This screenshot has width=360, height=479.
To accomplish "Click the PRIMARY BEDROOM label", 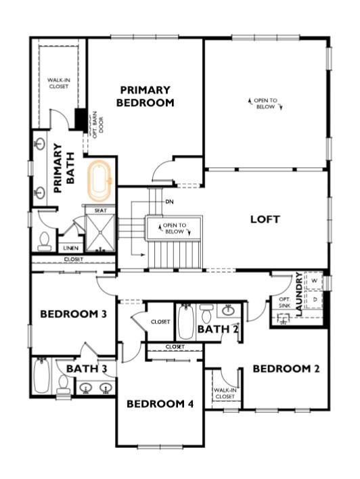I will coord(145,96).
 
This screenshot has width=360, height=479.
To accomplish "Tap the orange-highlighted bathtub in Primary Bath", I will coord(101,180).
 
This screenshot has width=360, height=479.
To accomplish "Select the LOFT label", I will coord(265,219).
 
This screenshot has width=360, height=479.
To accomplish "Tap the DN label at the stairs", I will coord(169,201).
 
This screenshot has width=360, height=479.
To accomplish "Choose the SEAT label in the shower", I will coord(100,210).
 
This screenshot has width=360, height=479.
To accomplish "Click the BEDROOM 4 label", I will coord(160,404).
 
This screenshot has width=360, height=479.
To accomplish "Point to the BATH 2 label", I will coord(217,329).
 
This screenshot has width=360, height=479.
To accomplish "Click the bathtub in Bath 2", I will coord(186,322).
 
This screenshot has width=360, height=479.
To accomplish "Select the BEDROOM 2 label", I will coord(286,369).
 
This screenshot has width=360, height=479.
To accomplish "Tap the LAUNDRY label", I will coord(298,290).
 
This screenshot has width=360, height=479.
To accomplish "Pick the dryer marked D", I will coord(315,298).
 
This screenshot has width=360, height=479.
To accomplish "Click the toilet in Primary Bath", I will coord(45,240).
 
